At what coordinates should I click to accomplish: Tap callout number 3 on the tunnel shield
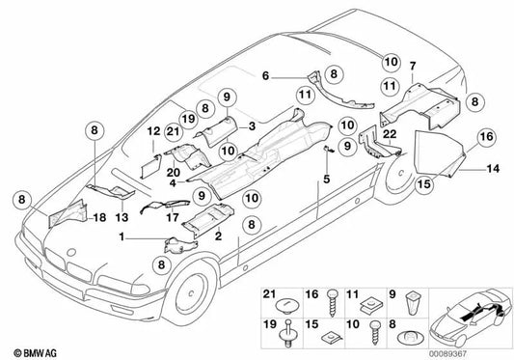[x=252, y=126]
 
